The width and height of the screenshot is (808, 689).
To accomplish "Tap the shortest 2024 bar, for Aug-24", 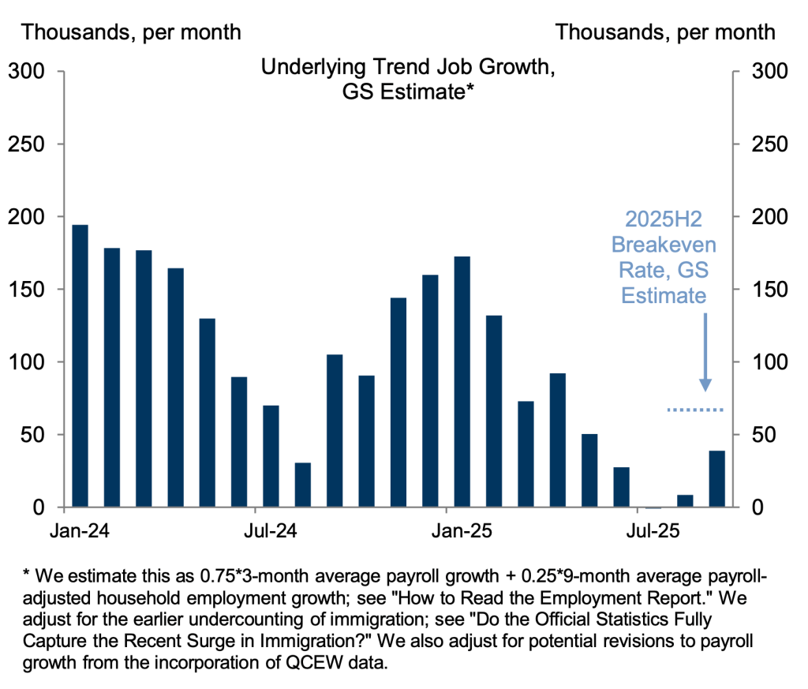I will click(x=302, y=485).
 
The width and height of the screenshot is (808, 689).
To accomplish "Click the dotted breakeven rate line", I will click(x=694, y=410).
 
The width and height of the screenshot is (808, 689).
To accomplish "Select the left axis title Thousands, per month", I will click(x=132, y=32).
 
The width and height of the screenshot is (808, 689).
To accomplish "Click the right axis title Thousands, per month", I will click(x=665, y=32).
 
